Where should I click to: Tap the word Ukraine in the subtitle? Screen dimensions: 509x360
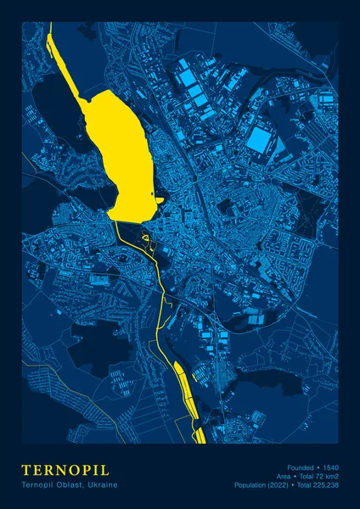click(x=102, y=484)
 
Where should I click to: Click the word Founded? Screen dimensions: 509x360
click(x=301, y=467)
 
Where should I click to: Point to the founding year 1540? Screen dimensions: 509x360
click(x=329, y=467)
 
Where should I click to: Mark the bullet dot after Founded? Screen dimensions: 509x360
click(x=318, y=467)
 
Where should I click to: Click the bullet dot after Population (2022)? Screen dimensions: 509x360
click(x=294, y=484)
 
